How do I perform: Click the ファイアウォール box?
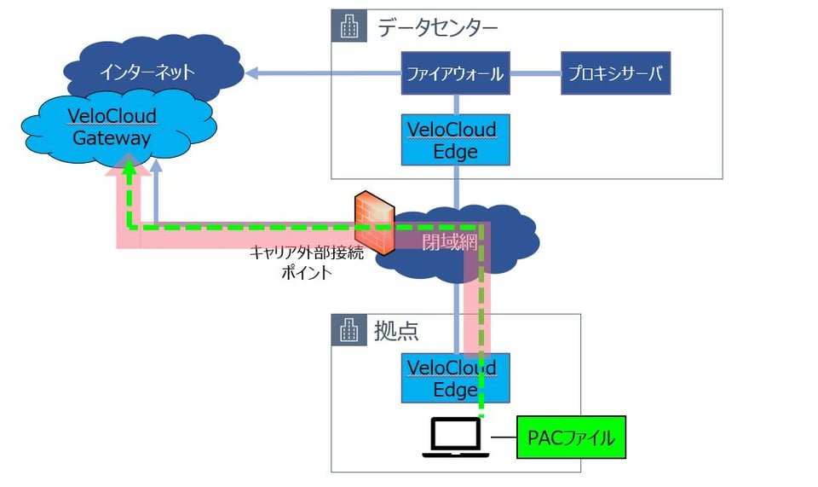click(x=456, y=73)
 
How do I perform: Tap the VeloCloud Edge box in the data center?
click(x=456, y=140)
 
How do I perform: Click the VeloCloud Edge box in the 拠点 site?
click(x=456, y=378)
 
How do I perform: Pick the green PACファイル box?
click(x=571, y=438)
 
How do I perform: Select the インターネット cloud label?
click(x=147, y=72)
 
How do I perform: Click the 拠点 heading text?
click(x=396, y=331)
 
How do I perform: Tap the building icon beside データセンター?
click(x=349, y=27)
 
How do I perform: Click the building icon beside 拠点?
click(x=349, y=331)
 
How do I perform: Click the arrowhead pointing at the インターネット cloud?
click(x=251, y=74)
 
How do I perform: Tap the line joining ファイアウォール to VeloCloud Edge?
click(x=456, y=104)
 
